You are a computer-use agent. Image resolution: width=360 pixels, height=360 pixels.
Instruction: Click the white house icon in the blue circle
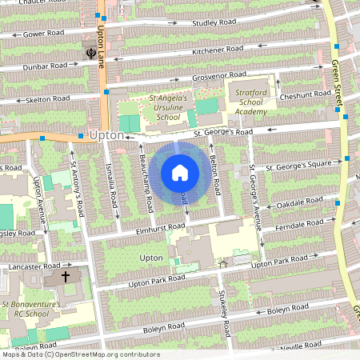point(180,172)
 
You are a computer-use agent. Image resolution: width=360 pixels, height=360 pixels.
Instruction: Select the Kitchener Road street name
point(217,50)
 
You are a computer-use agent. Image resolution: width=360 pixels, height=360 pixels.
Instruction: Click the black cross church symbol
point(66,277)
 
